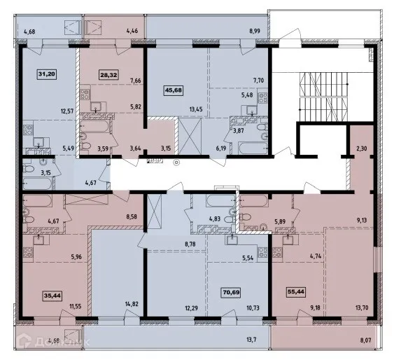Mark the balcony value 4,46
click(x=133, y=32)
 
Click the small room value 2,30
click(x=361, y=149)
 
